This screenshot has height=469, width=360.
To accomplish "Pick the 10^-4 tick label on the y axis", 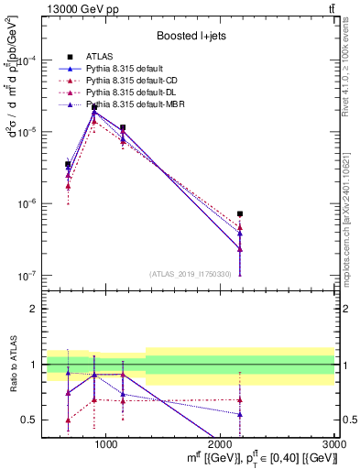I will point(27,60).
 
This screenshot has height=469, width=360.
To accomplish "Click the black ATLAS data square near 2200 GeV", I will point(240,213).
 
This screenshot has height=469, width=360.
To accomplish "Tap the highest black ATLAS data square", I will point(94,107).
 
